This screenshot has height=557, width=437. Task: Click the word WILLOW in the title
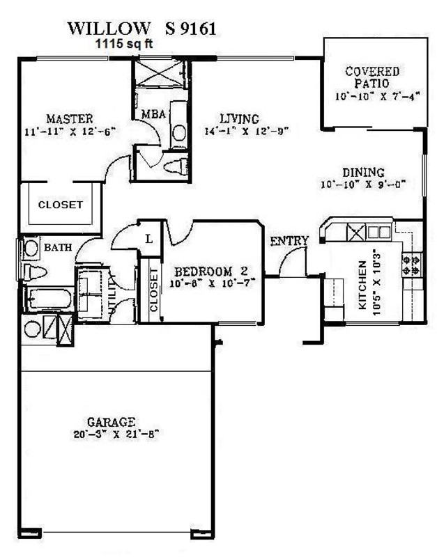click(108, 28)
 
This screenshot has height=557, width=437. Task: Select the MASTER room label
click(69, 118)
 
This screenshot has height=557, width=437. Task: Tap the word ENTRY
click(289, 241)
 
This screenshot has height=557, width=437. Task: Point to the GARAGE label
click(111, 421)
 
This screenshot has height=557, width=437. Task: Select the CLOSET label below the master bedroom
click(60, 205)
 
